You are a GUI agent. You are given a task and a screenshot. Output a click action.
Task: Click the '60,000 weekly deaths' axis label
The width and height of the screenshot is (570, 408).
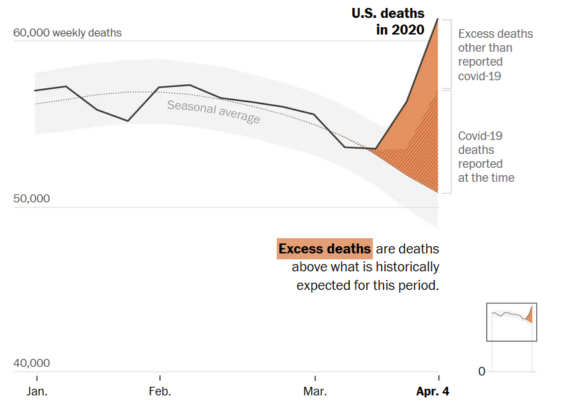point(67,33)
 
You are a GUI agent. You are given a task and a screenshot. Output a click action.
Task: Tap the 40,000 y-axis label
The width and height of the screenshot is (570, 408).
point(31,363)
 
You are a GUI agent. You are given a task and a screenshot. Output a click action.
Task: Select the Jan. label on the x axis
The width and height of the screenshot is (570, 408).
point(37,391)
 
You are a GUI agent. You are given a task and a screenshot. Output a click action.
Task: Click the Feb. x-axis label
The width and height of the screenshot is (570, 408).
point(160,391)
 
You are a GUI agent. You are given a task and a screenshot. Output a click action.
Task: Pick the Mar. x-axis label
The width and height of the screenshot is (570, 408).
point(315,391)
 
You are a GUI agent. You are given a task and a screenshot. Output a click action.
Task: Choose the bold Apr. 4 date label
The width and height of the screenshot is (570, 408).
point(433,391)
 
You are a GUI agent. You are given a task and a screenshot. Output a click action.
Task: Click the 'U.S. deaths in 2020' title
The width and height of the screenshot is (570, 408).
point(388,22)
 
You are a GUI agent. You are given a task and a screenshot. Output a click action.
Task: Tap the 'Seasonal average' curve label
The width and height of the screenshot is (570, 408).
point(213,111)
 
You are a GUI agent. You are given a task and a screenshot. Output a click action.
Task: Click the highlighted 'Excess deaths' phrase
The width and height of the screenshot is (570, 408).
point(324,249)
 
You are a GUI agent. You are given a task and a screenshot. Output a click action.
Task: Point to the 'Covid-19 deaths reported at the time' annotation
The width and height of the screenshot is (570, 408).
point(486,157)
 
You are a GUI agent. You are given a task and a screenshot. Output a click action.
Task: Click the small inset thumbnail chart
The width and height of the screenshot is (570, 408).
point(512,322)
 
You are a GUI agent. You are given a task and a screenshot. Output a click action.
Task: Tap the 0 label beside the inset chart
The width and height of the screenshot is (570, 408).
point(482,372)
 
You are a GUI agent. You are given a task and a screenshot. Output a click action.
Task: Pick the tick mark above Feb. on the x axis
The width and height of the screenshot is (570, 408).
point(160,375)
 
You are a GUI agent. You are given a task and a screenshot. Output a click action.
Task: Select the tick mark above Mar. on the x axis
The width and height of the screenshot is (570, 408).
point(315,375)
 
